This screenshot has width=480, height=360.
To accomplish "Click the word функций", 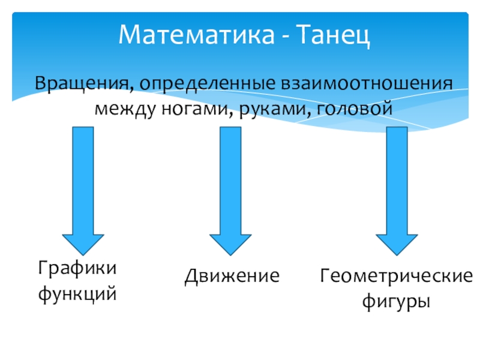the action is click(77, 294).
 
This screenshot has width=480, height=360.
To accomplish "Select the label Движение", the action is click(232, 276).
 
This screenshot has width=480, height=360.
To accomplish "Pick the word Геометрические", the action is click(396, 276).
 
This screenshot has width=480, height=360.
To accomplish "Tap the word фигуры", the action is click(396, 302).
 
